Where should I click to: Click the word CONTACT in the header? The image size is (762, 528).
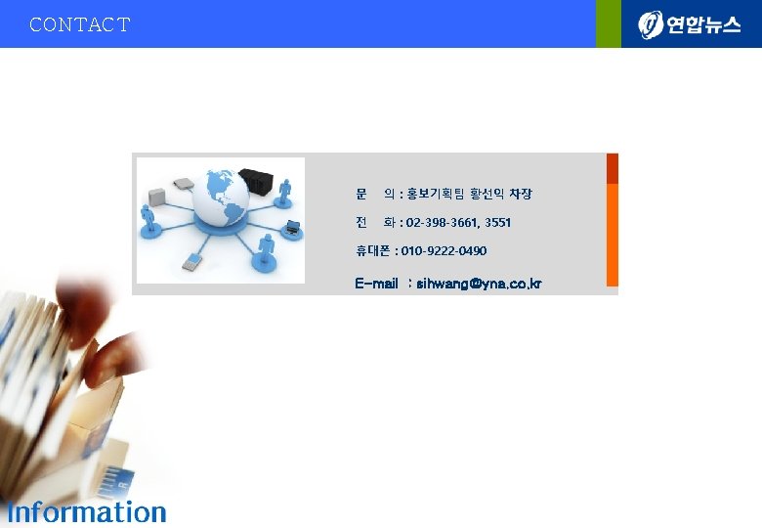[79, 24]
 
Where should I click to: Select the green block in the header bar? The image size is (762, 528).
[609, 23]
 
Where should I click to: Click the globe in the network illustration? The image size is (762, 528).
[224, 200]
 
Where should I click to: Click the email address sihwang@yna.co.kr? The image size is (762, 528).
[479, 284]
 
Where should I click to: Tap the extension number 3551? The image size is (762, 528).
[497, 223]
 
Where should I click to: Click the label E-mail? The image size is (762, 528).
[376, 284]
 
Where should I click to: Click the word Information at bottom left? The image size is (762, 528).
[87, 511]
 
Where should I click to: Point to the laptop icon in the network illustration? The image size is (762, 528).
[291, 229]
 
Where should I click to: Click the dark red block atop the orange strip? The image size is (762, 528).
[613, 168]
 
